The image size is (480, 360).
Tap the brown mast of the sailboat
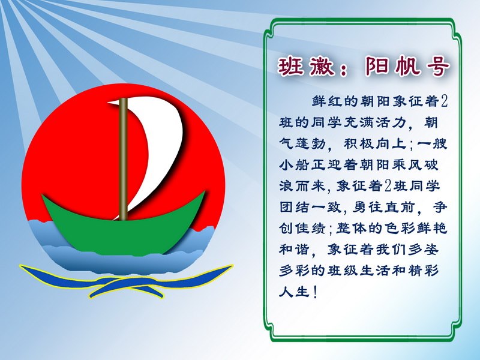point(123,159)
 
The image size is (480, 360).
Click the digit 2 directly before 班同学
point(388,186)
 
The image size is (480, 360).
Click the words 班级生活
point(359,271)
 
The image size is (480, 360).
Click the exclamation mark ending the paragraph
point(315,292)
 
